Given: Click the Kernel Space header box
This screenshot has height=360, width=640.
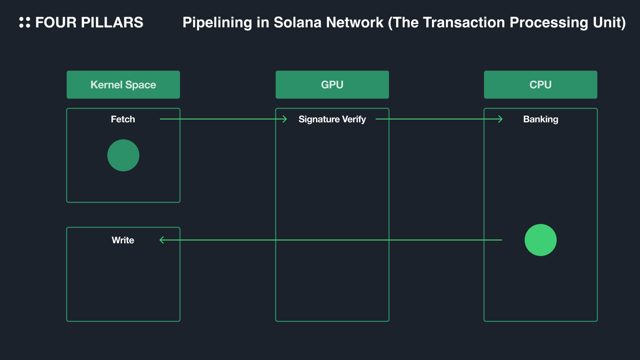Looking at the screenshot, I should click(x=123, y=84).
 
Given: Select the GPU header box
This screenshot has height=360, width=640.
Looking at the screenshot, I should click(x=332, y=84).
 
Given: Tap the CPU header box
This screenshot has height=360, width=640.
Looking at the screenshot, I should click(x=540, y=84).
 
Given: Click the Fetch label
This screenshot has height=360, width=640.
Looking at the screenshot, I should click(x=123, y=119).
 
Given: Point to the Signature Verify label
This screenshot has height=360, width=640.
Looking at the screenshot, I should click(x=332, y=119).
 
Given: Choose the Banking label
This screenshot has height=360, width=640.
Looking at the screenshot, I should click(x=540, y=119).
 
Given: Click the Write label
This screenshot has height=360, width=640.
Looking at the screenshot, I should click(x=123, y=240).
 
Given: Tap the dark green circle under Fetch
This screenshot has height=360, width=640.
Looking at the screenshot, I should click(x=123, y=155).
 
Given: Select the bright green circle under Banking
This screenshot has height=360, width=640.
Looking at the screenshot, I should click(x=540, y=240).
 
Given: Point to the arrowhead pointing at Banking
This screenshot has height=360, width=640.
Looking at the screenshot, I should click(x=500, y=119).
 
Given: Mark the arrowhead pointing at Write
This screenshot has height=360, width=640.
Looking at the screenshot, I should click(x=162, y=240).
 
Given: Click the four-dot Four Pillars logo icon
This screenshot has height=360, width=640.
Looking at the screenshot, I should click(x=25, y=22).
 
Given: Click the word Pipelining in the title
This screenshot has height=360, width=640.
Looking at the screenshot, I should click(x=217, y=22).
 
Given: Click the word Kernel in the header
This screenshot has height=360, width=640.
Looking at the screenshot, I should click(x=105, y=84).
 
